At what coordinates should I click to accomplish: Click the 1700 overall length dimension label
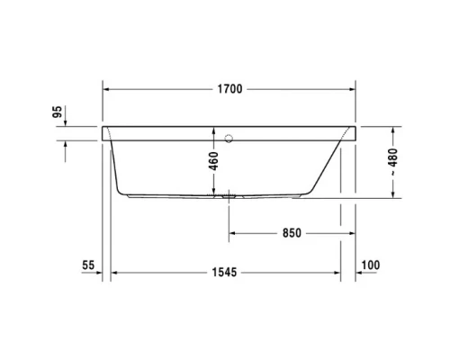(x=229, y=89)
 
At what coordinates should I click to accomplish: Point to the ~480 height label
(x=393, y=162)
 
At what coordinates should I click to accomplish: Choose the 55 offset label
(x=87, y=266)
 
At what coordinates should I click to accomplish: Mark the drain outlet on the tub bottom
(x=229, y=193)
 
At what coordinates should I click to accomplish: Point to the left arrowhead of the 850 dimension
(x=231, y=233)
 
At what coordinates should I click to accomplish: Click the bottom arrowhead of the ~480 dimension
(x=393, y=193)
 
